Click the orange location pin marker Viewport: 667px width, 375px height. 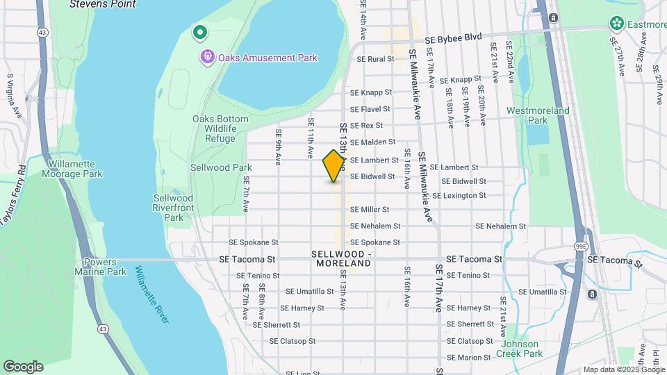(x=333, y=166)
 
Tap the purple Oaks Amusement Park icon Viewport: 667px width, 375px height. (x=206, y=57)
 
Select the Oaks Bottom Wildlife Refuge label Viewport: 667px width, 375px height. (x=220, y=128)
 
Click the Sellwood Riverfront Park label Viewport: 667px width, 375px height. (x=168, y=208)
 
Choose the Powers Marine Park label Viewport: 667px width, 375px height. (x=104, y=267)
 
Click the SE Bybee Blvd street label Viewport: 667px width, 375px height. (x=454, y=36)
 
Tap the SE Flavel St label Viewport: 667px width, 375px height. (x=370, y=109)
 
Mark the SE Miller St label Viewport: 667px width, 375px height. (x=369, y=209)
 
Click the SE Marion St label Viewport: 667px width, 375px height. (x=469, y=358)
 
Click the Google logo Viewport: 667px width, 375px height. (x=23, y=366)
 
